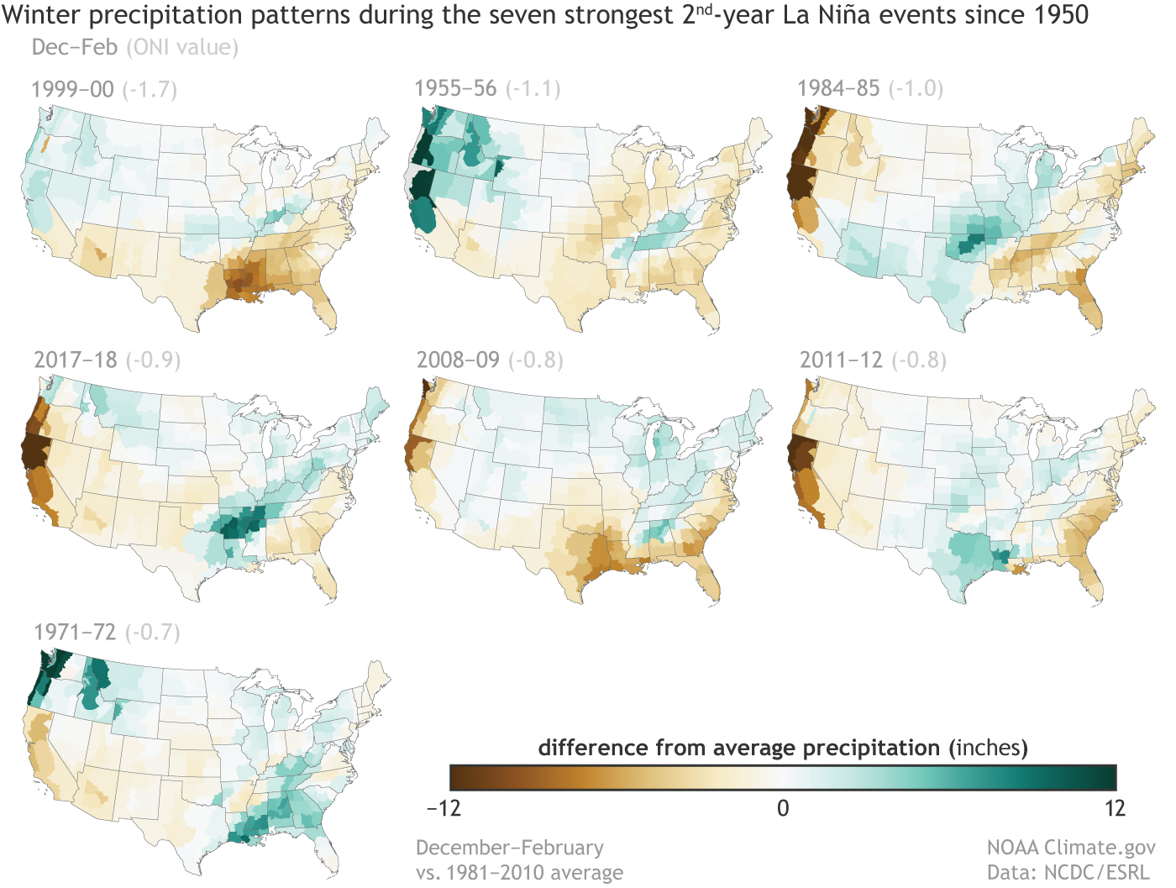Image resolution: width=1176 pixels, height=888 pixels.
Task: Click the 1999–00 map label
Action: [x=72, y=89]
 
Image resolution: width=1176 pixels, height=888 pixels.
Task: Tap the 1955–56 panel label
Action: [x=455, y=88]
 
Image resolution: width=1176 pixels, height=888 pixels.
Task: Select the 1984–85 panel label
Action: [x=838, y=88]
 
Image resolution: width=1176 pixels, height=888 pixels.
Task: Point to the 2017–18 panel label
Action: [x=76, y=360]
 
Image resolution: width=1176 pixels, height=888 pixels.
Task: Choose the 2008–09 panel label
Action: [x=458, y=360]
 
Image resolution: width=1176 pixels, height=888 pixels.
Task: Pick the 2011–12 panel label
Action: [x=841, y=360]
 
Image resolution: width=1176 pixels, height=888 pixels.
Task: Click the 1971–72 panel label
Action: [x=75, y=632]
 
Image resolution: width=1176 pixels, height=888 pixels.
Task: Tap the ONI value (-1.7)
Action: [x=150, y=89]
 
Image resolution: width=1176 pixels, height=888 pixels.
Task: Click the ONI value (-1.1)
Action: [x=533, y=88]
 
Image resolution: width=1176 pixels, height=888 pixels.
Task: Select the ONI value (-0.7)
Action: [x=153, y=632]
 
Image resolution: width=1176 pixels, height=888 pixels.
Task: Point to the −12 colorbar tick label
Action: [x=444, y=808]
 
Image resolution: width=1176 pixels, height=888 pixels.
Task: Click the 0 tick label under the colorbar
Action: [x=783, y=808]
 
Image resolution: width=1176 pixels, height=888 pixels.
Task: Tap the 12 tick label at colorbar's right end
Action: [x=1114, y=808]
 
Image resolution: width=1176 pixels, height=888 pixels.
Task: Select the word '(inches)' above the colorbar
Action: [x=989, y=748]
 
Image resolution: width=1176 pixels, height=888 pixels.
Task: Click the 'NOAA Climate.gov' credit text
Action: [x=1071, y=848]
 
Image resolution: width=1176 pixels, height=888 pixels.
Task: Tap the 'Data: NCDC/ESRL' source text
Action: [x=1068, y=872]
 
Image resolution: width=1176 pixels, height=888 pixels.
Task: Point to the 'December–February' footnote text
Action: [x=510, y=848]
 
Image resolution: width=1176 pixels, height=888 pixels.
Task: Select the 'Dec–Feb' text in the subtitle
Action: [x=74, y=47]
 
